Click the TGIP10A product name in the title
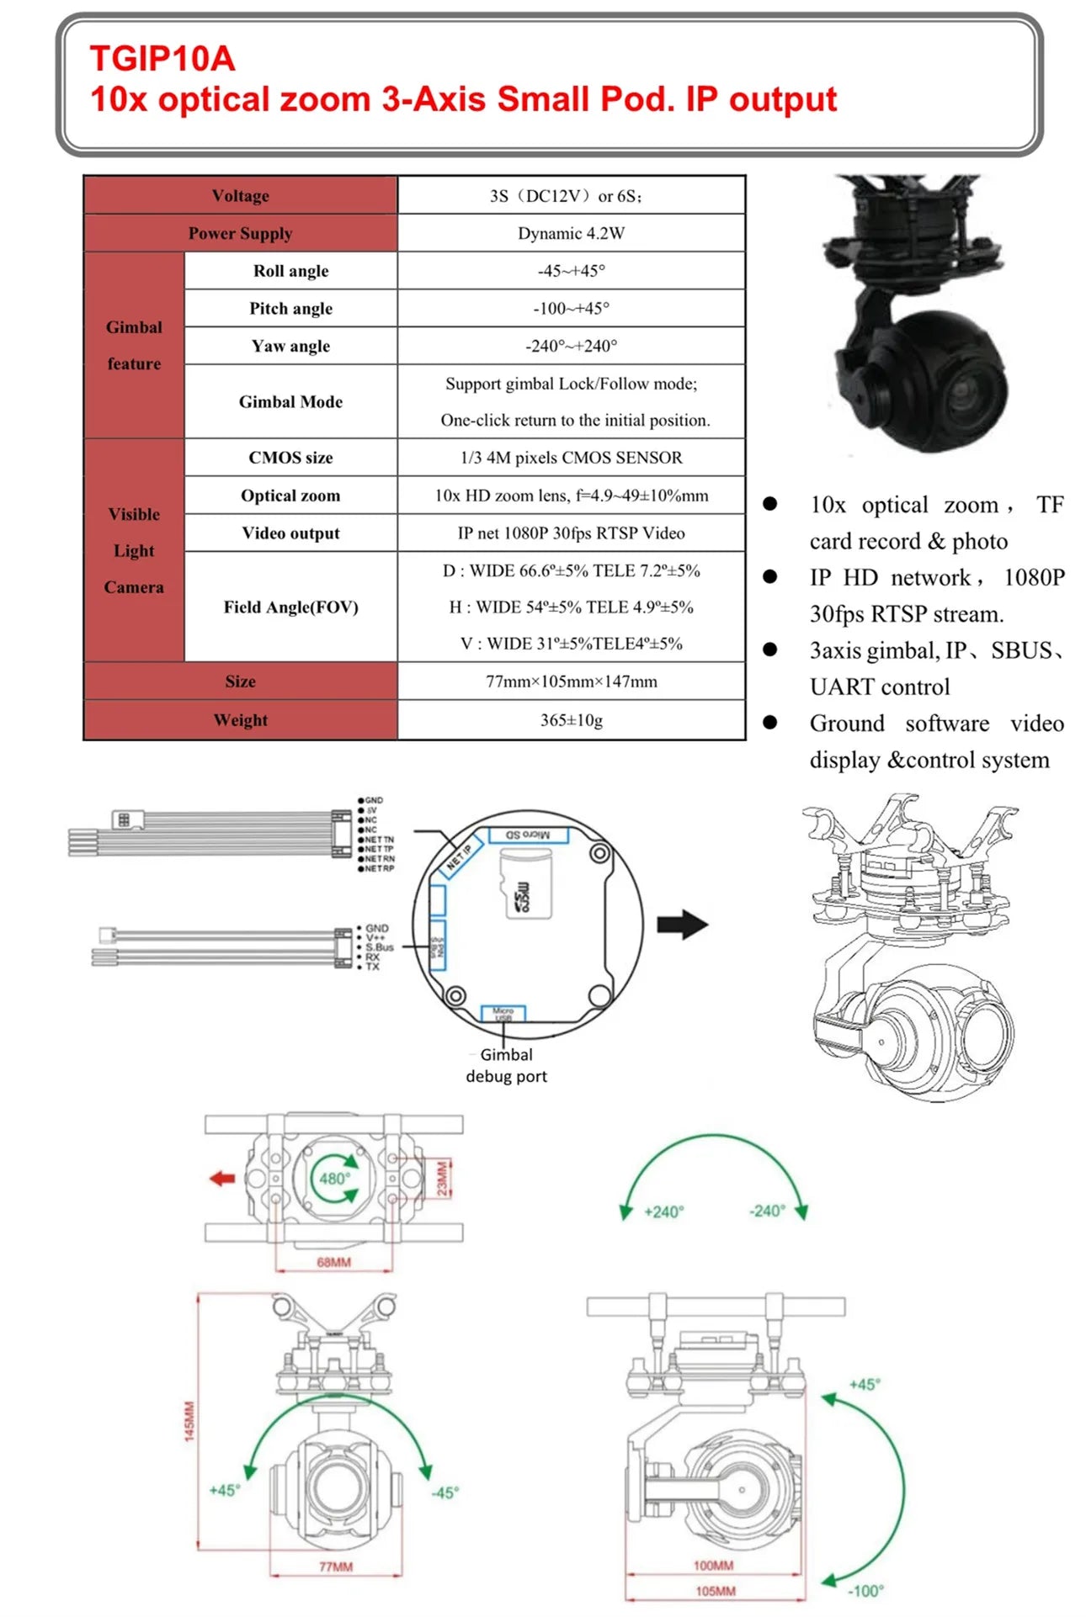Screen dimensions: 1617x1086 click(162, 59)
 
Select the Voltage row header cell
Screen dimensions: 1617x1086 click(240, 196)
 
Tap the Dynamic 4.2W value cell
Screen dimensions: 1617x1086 click(571, 233)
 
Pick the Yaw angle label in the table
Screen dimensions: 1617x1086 click(290, 346)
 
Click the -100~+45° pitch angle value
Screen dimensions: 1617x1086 click(571, 308)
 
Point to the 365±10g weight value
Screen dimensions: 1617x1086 click(571, 720)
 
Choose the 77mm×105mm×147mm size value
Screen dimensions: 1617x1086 click(571, 681)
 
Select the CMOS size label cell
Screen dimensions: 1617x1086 click(290, 458)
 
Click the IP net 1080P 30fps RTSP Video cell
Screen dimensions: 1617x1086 click(571, 533)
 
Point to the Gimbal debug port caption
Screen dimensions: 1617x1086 click(506, 1065)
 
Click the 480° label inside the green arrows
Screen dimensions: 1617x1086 click(334, 1179)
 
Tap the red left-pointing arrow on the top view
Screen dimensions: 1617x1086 click(222, 1179)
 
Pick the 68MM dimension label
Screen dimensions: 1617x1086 click(333, 1262)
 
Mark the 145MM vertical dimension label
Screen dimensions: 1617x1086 click(189, 1421)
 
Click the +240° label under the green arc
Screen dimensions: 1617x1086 click(663, 1211)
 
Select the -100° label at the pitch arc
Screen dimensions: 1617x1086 click(865, 1590)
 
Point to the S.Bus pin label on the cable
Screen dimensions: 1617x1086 click(379, 947)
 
